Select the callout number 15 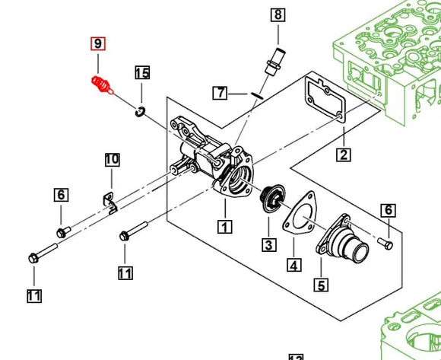(142, 73)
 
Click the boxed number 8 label (277, 14)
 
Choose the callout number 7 (220, 93)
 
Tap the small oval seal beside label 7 (256, 95)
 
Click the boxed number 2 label (343, 155)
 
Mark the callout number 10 (112, 160)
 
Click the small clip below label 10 (111, 201)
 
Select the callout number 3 (268, 244)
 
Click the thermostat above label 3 (269, 200)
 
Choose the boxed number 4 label (293, 265)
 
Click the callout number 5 (321, 285)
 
